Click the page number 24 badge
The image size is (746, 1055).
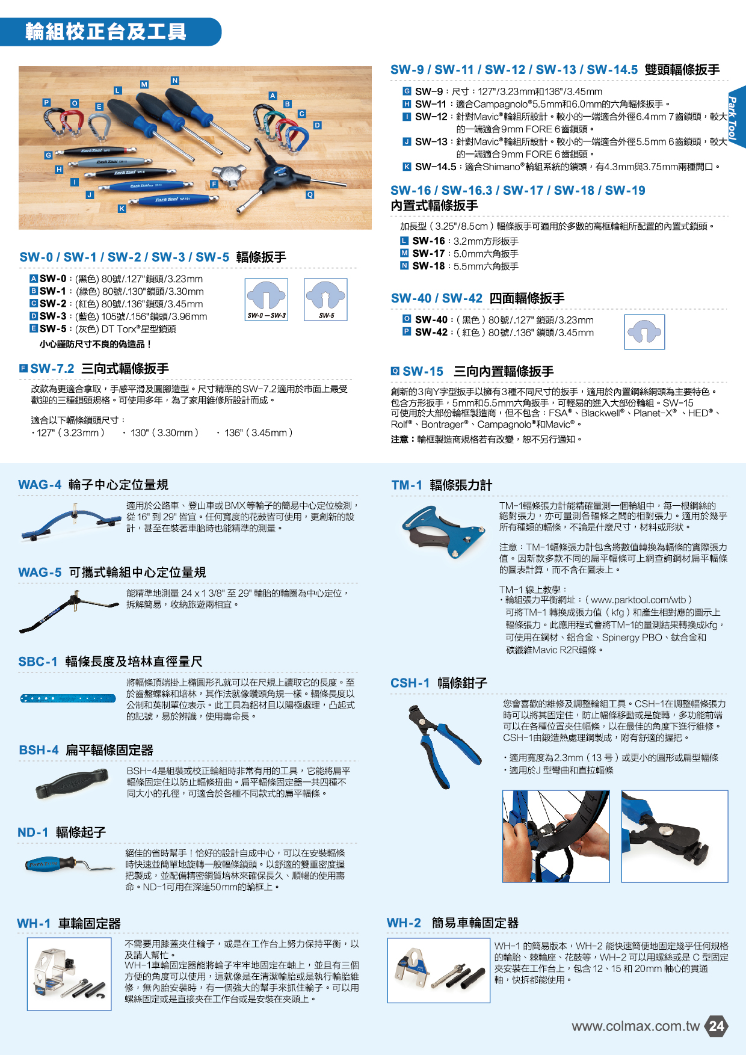coord(716,1026)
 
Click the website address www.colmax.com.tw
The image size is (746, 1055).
coord(635,1026)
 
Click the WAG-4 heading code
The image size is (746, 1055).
coord(40,485)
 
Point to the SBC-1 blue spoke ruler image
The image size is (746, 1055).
coord(68,698)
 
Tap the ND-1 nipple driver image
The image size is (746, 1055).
coord(70,866)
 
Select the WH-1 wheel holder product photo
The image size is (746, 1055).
coord(69,974)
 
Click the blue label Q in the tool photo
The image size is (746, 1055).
coord(310,195)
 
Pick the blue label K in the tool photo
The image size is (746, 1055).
coord(122,209)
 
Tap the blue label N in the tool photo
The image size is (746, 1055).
coord(174,81)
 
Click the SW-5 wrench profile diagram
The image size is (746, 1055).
coord(325,300)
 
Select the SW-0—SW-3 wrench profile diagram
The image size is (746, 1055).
coord(267,300)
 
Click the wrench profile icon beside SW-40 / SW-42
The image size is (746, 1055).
coord(644,332)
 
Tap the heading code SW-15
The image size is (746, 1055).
coord(423,372)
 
